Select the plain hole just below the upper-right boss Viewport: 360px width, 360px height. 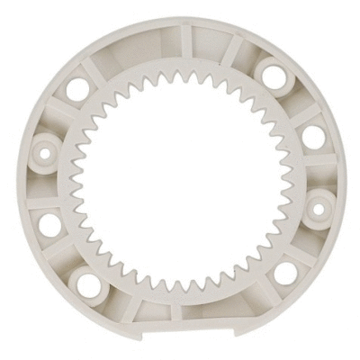click(312, 136)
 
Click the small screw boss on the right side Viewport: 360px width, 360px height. click(316, 209)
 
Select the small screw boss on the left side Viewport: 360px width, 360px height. click(42, 150)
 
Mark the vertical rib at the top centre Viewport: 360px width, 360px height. click(184, 40)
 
